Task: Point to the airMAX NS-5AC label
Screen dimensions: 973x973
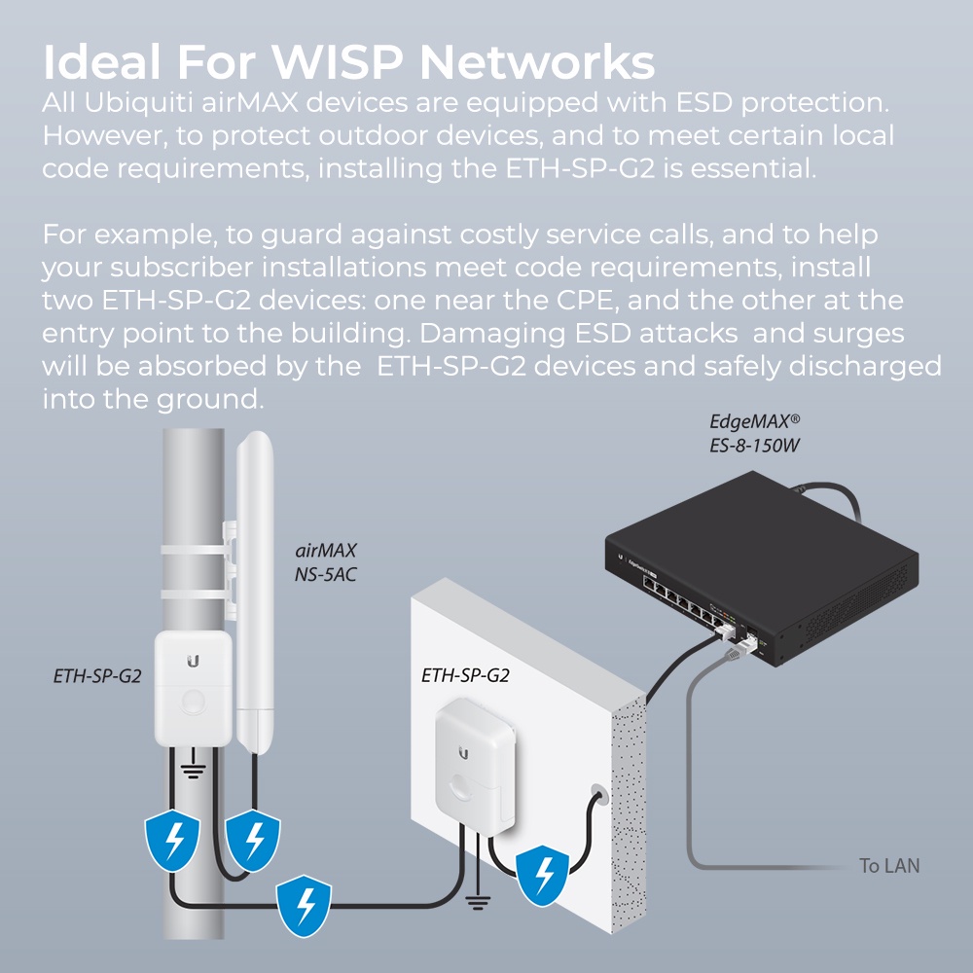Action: pyautogui.click(x=326, y=562)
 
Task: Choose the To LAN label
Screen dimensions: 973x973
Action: pyautogui.click(x=888, y=865)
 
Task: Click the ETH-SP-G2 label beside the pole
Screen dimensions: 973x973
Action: pyautogui.click(x=97, y=673)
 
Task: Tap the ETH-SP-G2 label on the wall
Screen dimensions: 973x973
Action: pyautogui.click(x=465, y=673)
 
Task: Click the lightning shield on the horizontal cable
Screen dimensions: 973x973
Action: pyautogui.click(x=304, y=903)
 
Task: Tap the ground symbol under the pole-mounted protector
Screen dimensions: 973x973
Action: pyautogui.click(x=195, y=772)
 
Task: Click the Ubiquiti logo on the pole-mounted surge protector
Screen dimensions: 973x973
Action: pyautogui.click(x=194, y=661)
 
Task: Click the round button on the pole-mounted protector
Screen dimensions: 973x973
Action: pyautogui.click(x=195, y=701)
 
